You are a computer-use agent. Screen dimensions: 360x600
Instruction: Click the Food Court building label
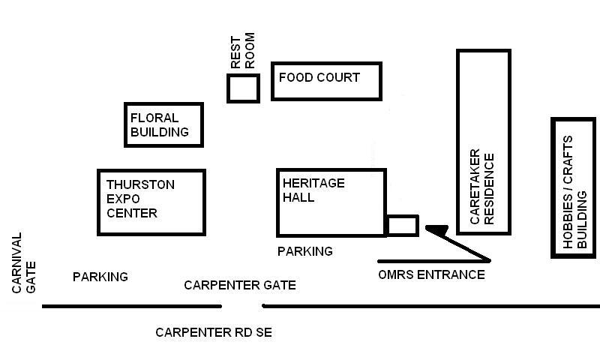click(x=319, y=77)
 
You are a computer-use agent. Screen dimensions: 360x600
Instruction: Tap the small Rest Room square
click(x=243, y=88)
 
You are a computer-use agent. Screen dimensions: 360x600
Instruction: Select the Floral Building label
click(x=160, y=125)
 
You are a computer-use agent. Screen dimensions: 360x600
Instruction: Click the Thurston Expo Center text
click(x=141, y=199)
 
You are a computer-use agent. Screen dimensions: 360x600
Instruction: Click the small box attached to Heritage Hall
click(x=403, y=225)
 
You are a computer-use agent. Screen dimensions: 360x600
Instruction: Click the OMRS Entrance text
click(x=431, y=274)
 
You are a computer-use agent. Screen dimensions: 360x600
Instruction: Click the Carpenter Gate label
click(x=240, y=285)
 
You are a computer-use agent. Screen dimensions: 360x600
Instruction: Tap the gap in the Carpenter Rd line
click(x=242, y=306)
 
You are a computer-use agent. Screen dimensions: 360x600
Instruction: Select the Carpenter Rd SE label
click(x=214, y=332)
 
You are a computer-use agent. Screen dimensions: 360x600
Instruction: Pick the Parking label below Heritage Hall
click(x=305, y=251)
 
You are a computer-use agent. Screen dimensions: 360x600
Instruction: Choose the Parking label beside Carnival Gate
click(x=100, y=277)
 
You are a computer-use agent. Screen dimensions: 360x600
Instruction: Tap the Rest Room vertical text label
click(x=242, y=51)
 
